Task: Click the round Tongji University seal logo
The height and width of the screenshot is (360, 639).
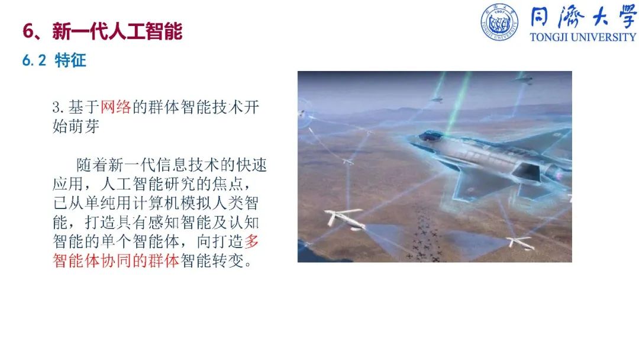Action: tap(499, 22)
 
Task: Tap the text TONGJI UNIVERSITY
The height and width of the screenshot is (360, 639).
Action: tap(583, 37)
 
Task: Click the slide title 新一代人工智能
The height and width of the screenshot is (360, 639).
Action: tap(117, 31)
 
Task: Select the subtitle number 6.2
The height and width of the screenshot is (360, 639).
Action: tap(34, 61)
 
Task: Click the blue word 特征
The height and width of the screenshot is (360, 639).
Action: tap(70, 60)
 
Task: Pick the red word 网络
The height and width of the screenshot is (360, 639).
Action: tap(116, 107)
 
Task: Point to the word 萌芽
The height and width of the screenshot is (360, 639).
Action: tap(84, 126)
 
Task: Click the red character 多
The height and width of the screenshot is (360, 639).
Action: tap(251, 242)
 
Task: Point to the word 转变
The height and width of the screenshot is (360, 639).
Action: tap(228, 261)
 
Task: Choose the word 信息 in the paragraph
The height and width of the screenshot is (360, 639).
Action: tap(172, 165)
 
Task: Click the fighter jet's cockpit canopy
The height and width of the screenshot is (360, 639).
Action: tap(431, 136)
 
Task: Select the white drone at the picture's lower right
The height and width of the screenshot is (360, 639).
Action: tap(520, 242)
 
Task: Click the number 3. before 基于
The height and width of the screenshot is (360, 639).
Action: tap(58, 108)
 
